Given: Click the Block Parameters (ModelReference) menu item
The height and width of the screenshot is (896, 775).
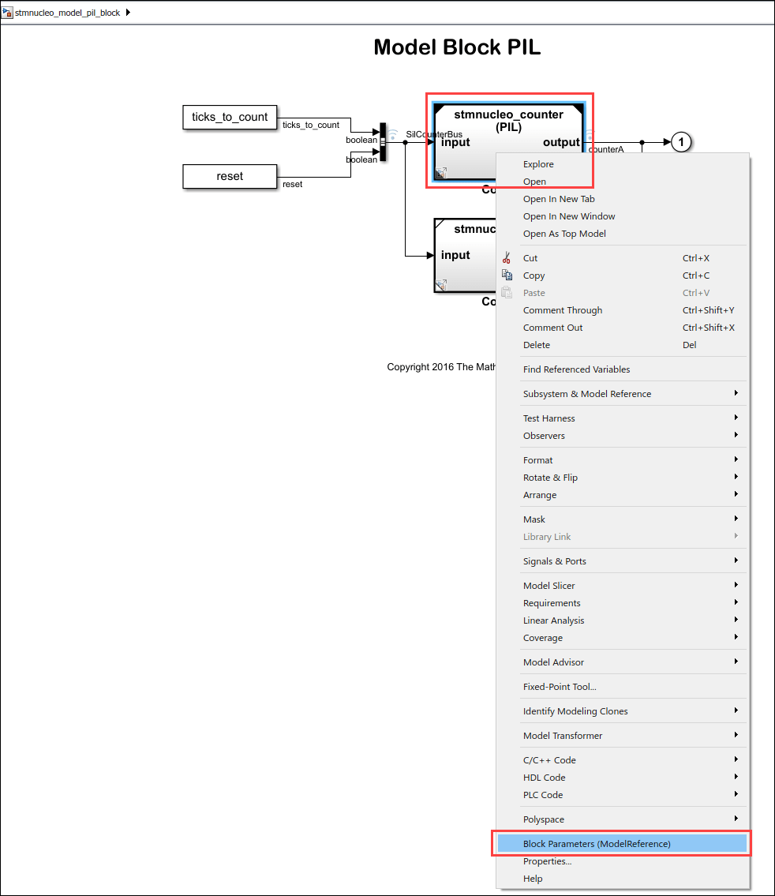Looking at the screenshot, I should [x=597, y=844].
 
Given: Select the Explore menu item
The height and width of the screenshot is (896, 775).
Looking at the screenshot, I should [x=538, y=164].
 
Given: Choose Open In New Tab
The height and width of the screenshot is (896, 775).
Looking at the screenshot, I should [x=559, y=199].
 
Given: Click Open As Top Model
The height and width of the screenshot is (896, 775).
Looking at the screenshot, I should [x=564, y=234].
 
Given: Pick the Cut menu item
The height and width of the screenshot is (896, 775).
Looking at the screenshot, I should [x=530, y=258].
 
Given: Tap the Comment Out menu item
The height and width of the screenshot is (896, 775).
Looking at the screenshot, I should [x=552, y=328].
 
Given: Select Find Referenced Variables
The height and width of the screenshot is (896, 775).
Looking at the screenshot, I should [x=576, y=369].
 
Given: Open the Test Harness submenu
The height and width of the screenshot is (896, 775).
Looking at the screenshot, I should [x=549, y=418].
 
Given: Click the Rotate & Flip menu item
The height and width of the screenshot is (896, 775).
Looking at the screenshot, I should [x=550, y=478].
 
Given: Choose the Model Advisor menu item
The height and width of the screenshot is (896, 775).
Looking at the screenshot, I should [x=553, y=662].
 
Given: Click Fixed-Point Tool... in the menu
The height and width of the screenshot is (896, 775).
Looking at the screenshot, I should [x=560, y=687].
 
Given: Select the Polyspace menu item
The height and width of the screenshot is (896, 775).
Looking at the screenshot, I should [x=544, y=819].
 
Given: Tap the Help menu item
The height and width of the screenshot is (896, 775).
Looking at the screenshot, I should [x=533, y=879].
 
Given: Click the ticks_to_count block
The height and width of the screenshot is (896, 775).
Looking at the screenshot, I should [x=230, y=117].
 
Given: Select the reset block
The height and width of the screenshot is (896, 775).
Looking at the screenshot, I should [x=230, y=176].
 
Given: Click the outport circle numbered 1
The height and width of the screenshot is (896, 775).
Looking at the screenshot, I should [x=681, y=142].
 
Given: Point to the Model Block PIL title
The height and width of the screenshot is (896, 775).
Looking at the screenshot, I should [x=457, y=47].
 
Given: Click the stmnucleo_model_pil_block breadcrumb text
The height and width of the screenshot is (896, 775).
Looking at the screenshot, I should [x=68, y=13].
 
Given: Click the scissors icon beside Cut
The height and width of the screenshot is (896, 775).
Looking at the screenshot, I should [x=507, y=258].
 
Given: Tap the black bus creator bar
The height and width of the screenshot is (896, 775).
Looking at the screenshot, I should [x=384, y=142].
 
